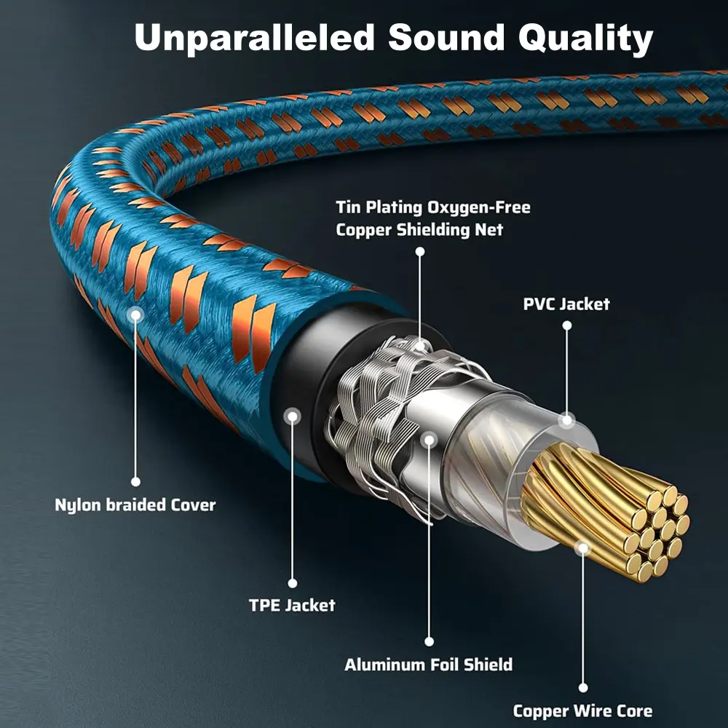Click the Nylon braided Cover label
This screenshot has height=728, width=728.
click(x=135, y=505)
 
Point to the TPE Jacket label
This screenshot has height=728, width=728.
click(x=292, y=605)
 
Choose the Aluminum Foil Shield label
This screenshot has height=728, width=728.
click(x=428, y=664)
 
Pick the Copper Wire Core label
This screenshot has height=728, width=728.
click(x=582, y=711)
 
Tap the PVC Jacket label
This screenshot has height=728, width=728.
click(x=566, y=304)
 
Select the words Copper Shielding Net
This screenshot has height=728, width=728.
click(x=419, y=230)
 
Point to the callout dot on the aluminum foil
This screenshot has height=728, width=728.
click(x=429, y=439)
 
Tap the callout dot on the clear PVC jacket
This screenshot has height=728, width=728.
click(x=566, y=419)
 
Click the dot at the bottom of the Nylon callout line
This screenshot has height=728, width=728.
click(x=135, y=481)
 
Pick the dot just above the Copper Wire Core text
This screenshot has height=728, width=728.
click(x=582, y=687)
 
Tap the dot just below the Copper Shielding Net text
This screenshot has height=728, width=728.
click(x=419, y=251)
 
